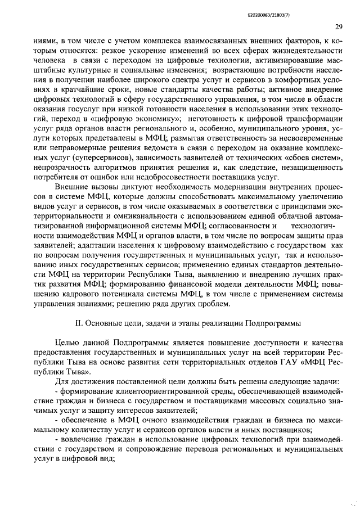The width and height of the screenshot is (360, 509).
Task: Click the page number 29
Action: pyautogui.click(x=339, y=26)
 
